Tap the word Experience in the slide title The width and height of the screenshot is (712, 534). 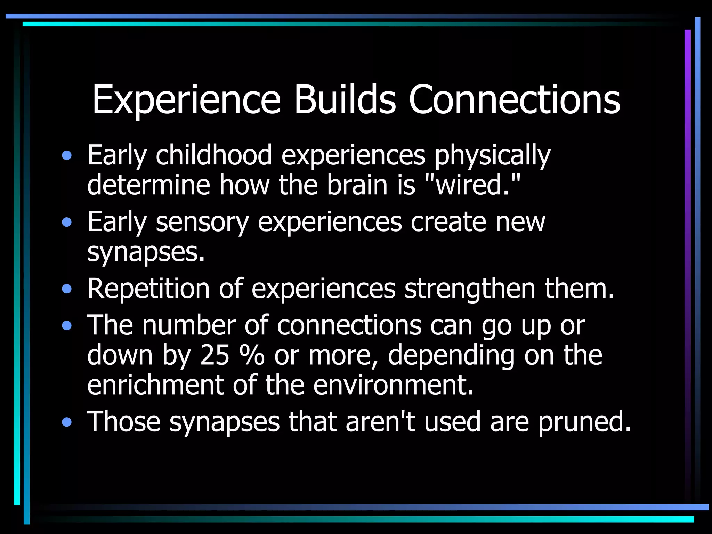tap(186, 101)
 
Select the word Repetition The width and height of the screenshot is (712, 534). tap(148, 289)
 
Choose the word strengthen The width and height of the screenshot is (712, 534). tap(470, 289)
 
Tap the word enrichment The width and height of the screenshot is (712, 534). tap(155, 385)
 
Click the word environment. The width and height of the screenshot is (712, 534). tap(393, 385)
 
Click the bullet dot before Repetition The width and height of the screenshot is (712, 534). tap(67, 289)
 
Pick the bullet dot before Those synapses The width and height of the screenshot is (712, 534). tap(67, 422)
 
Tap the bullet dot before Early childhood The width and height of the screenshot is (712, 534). tap(67, 155)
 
